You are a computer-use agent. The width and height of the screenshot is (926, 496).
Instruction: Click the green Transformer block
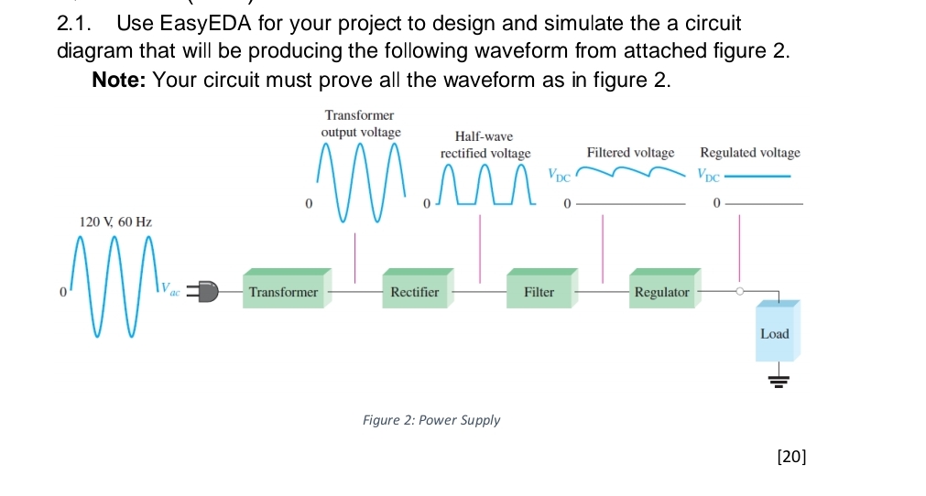tap(283, 292)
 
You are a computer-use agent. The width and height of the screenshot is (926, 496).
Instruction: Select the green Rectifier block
tap(415, 292)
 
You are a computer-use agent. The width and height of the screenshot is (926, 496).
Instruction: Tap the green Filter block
tap(539, 292)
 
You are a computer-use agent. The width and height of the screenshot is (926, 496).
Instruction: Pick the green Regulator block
tap(661, 292)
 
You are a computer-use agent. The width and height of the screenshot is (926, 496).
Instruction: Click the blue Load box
tap(774, 333)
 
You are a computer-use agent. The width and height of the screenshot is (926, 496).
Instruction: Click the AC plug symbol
tap(205, 292)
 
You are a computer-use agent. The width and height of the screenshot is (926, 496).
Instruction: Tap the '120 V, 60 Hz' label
tap(115, 221)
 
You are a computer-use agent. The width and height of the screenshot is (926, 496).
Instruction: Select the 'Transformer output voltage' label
tap(360, 124)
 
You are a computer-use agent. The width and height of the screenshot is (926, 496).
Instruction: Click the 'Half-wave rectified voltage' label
tap(485, 145)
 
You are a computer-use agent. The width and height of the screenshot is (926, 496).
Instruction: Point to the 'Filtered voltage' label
tap(630, 153)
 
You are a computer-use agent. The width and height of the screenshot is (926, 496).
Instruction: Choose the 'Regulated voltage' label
tap(749, 153)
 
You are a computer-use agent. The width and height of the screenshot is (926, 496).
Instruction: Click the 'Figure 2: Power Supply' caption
tap(431, 420)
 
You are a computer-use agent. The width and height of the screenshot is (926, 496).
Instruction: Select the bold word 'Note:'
tap(119, 80)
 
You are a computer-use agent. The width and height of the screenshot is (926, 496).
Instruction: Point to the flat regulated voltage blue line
tap(757, 177)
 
